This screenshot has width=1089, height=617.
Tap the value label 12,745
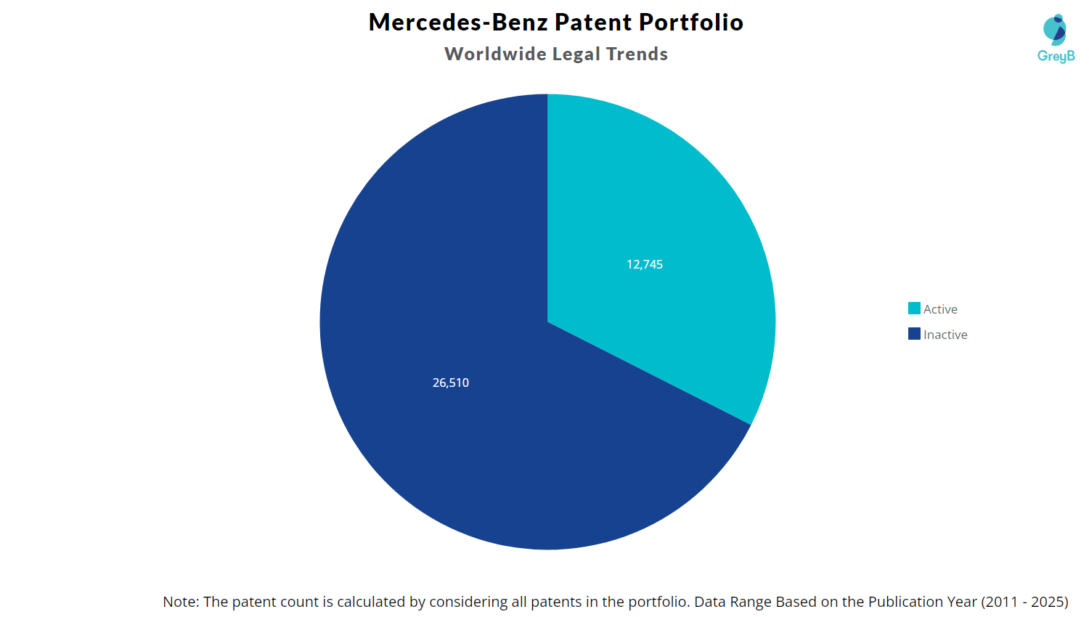(645, 264)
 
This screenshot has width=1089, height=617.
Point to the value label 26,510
(451, 383)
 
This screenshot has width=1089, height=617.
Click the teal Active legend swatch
(914, 308)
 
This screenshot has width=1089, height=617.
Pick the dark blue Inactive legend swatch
(914, 334)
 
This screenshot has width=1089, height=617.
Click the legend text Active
(940, 309)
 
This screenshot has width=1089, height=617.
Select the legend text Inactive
(945, 335)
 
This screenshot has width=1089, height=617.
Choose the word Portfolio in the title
(691, 22)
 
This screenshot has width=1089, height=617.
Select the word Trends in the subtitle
(637, 54)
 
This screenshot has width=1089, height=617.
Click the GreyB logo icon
(1055, 29)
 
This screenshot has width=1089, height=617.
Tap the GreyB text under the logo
(1056, 56)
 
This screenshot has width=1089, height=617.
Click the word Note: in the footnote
(181, 602)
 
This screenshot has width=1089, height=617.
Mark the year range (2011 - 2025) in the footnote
(1024, 602)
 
